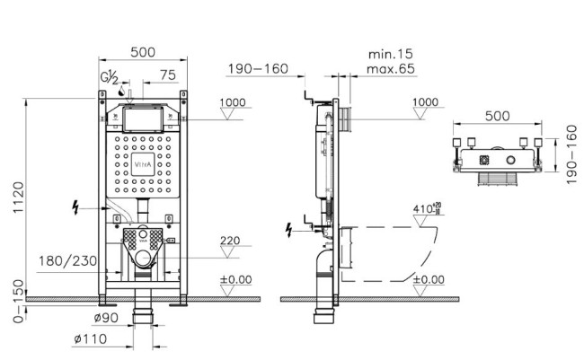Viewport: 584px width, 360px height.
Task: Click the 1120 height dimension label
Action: pos(18,198)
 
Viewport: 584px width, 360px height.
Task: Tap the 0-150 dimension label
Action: pos(18,301)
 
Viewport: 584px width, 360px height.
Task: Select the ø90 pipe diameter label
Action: pos(106,318)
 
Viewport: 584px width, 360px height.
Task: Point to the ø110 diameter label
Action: pos(90,338)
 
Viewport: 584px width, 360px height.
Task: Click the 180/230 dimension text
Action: pos(67,261)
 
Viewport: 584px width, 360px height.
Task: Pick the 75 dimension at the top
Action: pos(168,75)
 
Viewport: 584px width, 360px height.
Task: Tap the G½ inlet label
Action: pos(110,77)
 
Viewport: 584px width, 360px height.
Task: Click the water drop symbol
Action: pos(121,91)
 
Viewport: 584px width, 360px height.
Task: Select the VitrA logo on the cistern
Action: pos(143,164)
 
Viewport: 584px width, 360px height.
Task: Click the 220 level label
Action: pos(230,241)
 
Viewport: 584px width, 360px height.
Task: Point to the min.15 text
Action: pos(390,55)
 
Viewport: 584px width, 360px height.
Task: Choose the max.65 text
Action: pos(390,69)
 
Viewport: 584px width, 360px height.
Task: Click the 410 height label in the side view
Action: pos(427,209)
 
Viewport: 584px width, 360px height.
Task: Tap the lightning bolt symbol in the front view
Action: pos(75,207)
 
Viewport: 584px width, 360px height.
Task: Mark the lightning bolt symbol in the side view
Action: pos(288,230)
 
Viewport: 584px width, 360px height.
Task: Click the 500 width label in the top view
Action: pos(497,116)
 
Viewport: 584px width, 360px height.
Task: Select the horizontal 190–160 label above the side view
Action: pos(258,69)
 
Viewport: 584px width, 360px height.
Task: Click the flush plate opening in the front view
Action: pos(143,119)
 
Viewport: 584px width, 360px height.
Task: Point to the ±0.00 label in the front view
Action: pos(235,279)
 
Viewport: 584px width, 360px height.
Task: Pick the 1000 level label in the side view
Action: pos(425,102)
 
